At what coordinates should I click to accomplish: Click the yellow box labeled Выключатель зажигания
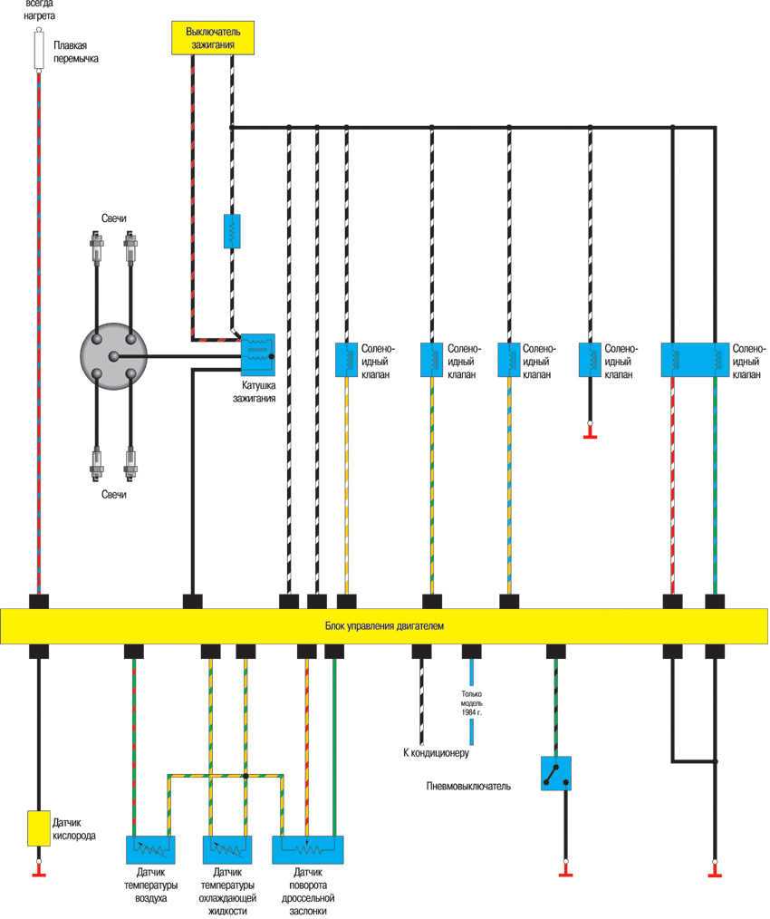point(212,37)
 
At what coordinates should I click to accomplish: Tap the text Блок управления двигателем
point(384,626)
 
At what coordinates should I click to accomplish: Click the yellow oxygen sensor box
point(38,827)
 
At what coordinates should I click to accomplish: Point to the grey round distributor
point(113,356)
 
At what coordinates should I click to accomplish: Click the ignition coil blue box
point(257,353)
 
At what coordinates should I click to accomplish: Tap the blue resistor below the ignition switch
point(232,231)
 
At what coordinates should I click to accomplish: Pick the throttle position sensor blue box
point(308,849)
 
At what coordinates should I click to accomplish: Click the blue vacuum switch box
point(555,773)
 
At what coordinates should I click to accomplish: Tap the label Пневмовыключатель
point(468,786)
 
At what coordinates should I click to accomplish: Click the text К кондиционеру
point(436,752)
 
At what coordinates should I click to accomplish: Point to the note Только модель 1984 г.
point(470,703)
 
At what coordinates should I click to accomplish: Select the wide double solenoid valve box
point(695,359)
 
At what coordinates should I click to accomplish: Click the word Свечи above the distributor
point(114,220)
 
